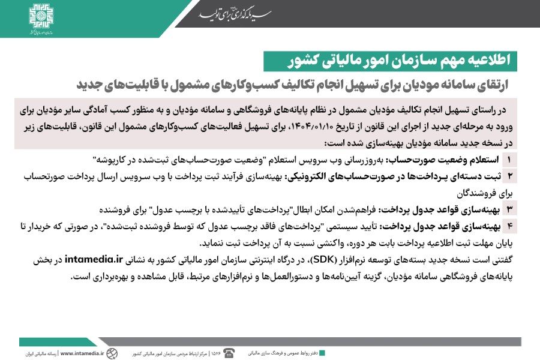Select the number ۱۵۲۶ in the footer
(x=216, y=353)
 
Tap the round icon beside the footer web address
(x=112, y=353)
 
